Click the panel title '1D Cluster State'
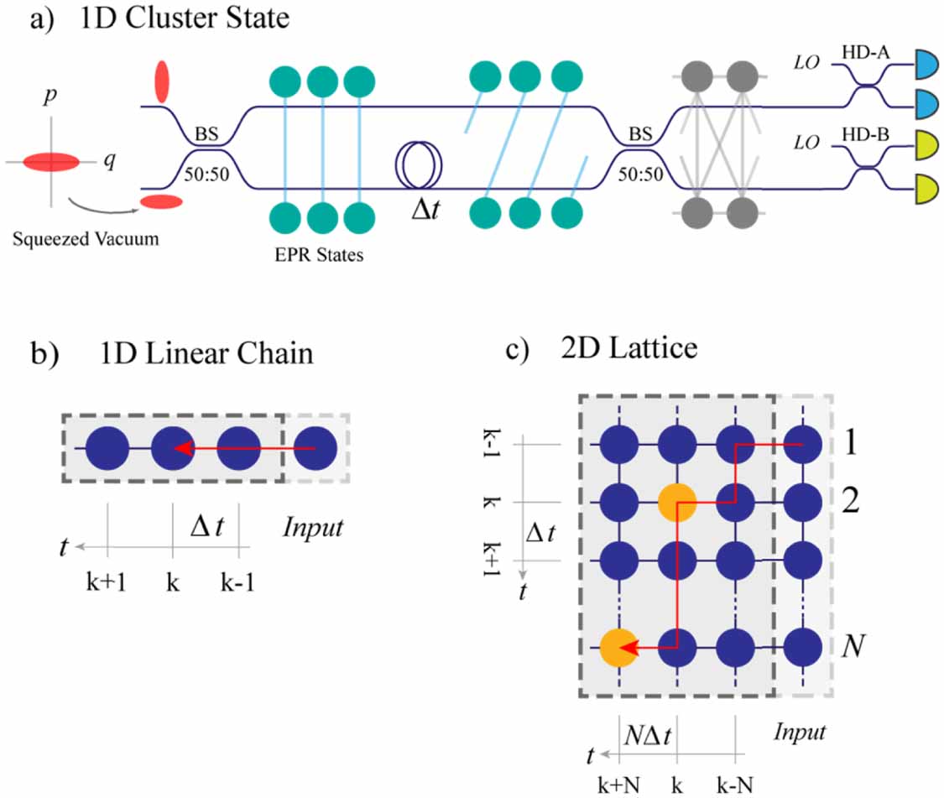pos(184,18)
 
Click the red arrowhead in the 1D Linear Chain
pos(180,449)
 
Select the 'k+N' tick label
pos(620,784)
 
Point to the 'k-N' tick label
pos(736,784)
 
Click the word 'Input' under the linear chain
pos(312,529)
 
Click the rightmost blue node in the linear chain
pos(316,449)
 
